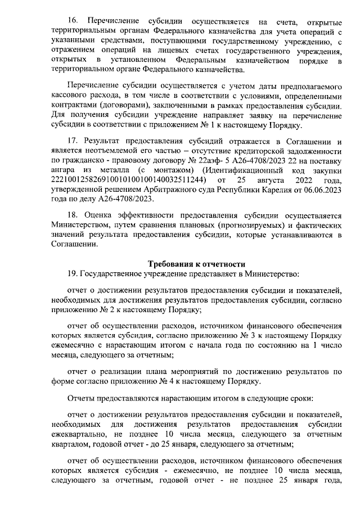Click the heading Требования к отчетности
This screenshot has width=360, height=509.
196,264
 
